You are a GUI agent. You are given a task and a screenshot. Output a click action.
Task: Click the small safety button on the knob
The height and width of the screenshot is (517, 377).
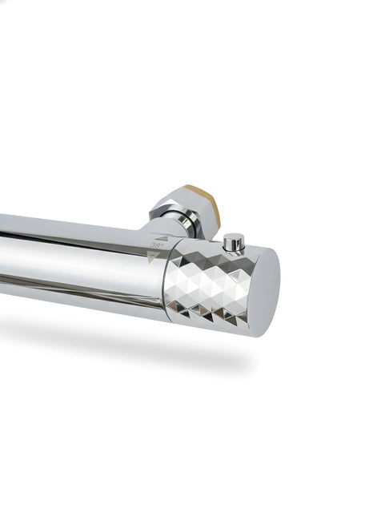click(234, 242)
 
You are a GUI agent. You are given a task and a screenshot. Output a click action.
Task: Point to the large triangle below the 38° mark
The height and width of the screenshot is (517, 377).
click(154, 257)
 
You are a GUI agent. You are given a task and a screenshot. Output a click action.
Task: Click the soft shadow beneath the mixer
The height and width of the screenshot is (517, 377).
click(120, 337)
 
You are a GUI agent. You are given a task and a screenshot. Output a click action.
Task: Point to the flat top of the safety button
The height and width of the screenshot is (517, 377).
click(234, 236)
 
